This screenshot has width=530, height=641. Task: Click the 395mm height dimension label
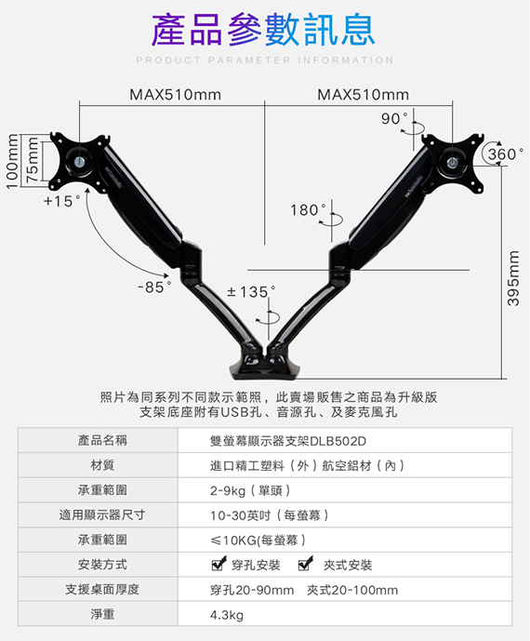pos(513,278)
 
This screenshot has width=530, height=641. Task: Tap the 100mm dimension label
pos(13,162)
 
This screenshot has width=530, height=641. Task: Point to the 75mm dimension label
pos(33,160)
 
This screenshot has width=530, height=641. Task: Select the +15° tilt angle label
pos(62,201)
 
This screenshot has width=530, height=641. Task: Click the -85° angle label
pos(154,287)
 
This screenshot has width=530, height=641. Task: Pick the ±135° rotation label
pos(251,292)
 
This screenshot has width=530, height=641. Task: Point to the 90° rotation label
pos(394,118)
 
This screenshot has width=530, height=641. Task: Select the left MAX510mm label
pos(176,95)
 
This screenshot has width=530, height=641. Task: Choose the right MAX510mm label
pos(363,95)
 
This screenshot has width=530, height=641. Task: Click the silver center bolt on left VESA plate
pos(80,162)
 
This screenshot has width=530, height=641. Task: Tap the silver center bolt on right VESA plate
pos(452,162)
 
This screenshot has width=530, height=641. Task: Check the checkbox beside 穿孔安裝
pos(219,564)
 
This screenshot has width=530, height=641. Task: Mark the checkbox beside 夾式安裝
pos(305,564)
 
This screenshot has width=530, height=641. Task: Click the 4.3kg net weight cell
pos(227,615)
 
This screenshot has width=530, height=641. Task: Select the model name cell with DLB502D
pos(288,441)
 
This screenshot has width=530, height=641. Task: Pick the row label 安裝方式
pos(102,565)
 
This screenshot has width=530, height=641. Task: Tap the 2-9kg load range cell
pos(250,490)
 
